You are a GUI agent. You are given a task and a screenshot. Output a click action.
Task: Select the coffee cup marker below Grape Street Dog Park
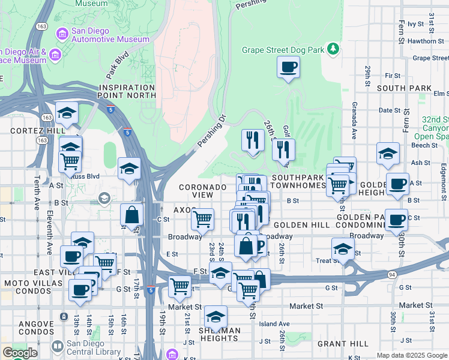click(288, 67)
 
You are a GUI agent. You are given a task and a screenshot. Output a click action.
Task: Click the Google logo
click(20, 353)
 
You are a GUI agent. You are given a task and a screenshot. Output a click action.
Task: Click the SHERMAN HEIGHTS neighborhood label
click(219, 334)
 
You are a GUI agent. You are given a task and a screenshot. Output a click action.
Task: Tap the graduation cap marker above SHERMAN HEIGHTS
click(216, 316)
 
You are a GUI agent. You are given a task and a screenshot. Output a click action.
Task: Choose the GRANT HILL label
click(343, 344)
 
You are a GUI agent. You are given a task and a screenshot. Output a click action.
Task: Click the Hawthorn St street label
click(420, 41)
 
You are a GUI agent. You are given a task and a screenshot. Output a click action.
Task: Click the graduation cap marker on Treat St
click(343, 249)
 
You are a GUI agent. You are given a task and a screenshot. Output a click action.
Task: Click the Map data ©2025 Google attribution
click(411, 355)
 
